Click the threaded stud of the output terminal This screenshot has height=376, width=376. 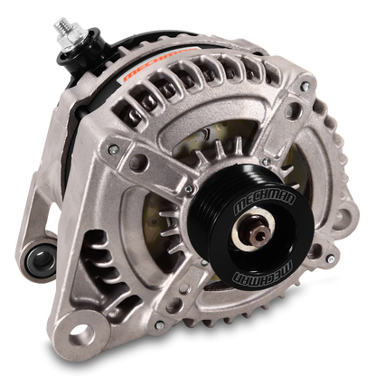[63, 25]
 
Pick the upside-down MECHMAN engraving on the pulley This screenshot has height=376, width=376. [263, 273]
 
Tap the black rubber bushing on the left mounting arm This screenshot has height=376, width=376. [42, 259]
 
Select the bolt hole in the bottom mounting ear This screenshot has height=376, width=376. [81, 334]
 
